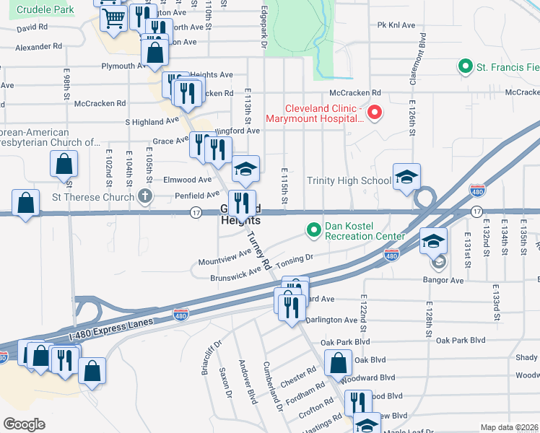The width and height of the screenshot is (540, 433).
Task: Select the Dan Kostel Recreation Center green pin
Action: tap(313, 230)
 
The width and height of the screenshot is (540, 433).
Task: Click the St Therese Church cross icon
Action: tap(145, 196)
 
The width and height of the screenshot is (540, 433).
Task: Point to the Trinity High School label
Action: tap(349, 180)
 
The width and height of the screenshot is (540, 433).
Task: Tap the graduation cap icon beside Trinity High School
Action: tap(407, 177)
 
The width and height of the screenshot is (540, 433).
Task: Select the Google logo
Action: tap(24, 424)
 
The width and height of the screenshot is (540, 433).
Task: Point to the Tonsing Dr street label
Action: tap(294, 258)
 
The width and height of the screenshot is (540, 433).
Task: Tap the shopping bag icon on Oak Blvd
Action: tap(338, 363)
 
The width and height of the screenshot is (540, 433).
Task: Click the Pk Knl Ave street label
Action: tap(396, 25)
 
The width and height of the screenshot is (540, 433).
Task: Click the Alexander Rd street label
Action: tap(39, 46)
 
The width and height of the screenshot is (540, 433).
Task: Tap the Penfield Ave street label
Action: tap(196, 195)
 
